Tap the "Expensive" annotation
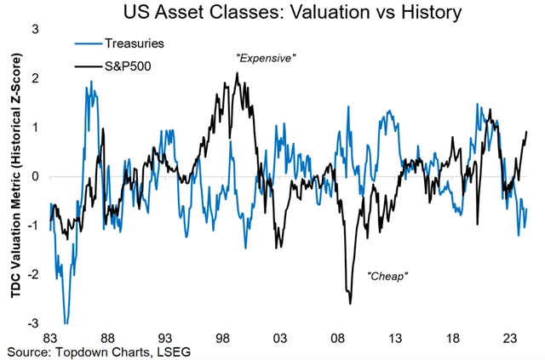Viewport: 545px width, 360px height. coord(265,58)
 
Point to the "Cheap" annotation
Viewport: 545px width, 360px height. coord(388,276)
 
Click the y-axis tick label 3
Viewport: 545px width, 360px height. coord(35,29)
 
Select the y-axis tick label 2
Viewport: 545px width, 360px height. coord(35,78)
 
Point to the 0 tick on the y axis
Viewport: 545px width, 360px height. coord(35,176)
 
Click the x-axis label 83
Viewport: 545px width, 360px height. coord(50,336)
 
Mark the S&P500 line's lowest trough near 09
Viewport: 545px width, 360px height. coord(350,303)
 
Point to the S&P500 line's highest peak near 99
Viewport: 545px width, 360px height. coord(237,73)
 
